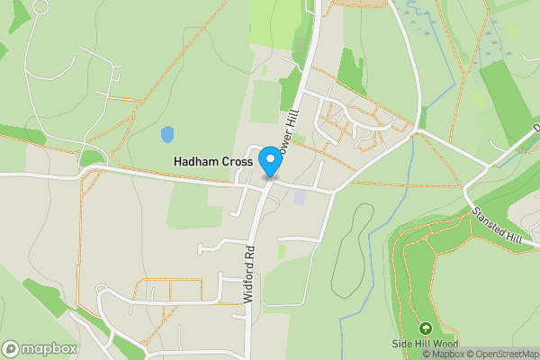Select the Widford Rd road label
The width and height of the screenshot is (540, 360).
coord(249,274)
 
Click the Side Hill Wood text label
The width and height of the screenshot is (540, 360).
coord(425,344)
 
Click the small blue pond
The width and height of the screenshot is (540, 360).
coord(166,135)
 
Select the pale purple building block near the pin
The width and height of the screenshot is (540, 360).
coord(299,195)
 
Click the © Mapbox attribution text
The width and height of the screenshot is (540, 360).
coord(436,354)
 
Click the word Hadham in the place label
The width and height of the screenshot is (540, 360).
coord(193,162)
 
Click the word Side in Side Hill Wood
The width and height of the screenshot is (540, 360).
coord(401,344)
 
